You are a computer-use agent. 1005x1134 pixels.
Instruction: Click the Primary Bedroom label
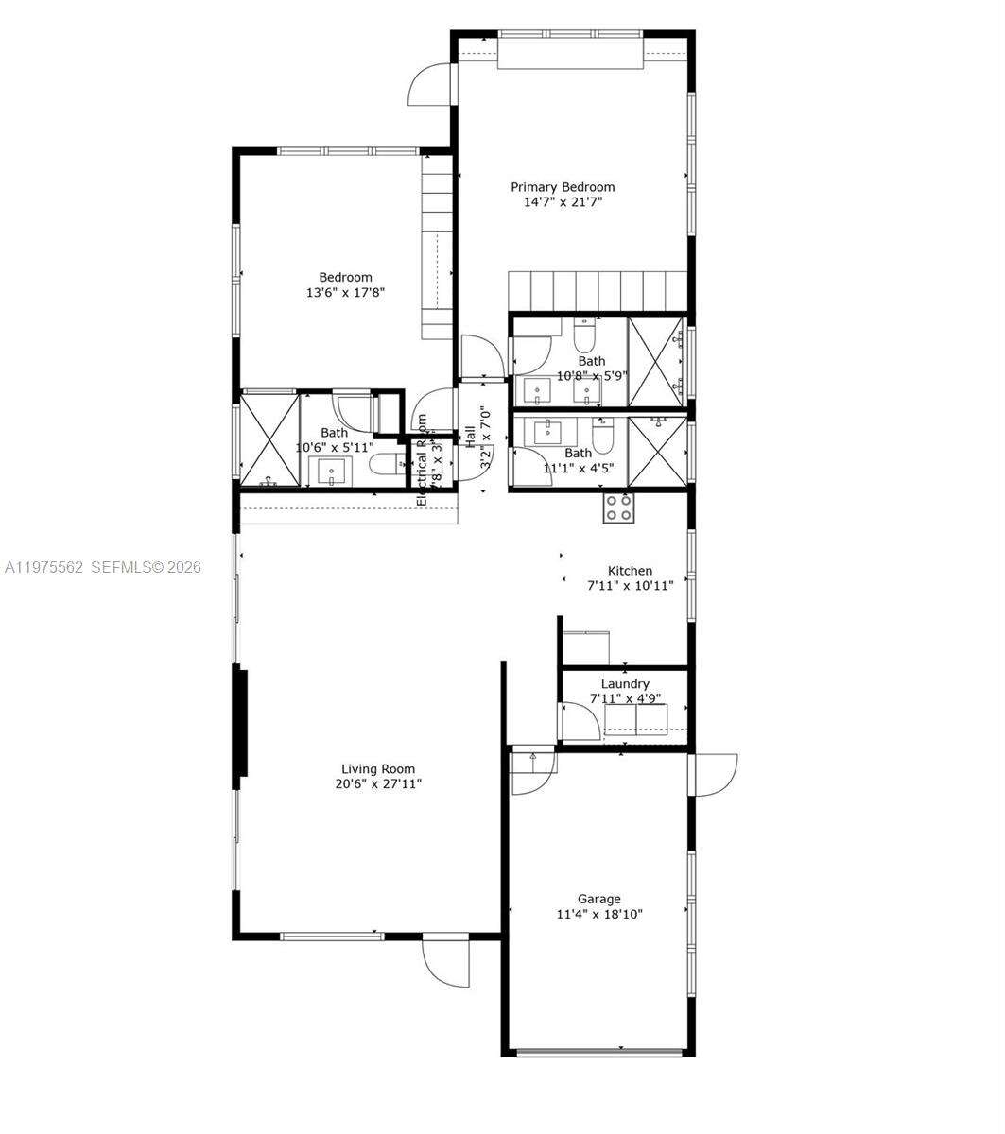(563, 187)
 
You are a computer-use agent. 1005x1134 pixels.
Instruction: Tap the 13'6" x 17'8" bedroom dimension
(345, 293)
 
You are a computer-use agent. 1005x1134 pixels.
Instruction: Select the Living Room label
(378, 769)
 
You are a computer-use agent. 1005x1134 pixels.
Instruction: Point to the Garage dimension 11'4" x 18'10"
(600, 914)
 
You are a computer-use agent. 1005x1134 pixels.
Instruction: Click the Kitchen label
(630, 571)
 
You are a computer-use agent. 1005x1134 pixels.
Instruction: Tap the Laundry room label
(625, 684)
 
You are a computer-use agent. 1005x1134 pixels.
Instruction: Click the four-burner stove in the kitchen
(619, 508)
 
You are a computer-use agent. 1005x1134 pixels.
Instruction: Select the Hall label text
(470, 438)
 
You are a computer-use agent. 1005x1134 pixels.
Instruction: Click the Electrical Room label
(422, 460)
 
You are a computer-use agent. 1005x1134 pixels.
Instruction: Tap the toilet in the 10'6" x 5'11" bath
(384, 463)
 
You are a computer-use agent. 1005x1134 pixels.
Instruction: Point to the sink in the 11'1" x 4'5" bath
(549, 433)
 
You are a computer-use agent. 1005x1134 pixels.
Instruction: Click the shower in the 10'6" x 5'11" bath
(269, 441)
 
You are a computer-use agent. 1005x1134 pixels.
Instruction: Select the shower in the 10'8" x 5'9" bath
(656, 363)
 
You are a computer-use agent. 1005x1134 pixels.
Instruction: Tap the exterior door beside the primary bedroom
(431, 85)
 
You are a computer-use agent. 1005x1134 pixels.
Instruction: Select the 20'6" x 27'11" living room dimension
(378, 784)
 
